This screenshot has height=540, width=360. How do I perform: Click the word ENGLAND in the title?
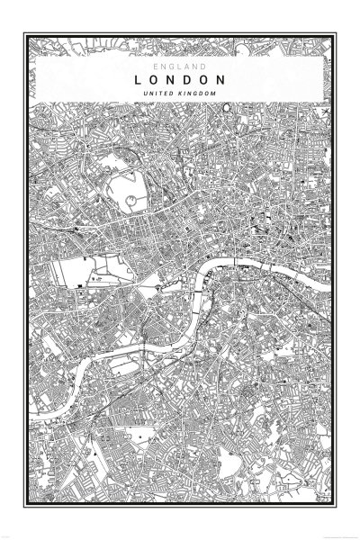pyautogui.click(x=180, y=67)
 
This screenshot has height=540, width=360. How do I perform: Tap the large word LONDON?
pyautogui.click(x=180, y=80)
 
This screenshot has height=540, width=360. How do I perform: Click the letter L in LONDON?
pyautogui.click(x=139, y=80)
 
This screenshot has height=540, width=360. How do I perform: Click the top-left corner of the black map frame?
pyautogui.click(x=25, y=35)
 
